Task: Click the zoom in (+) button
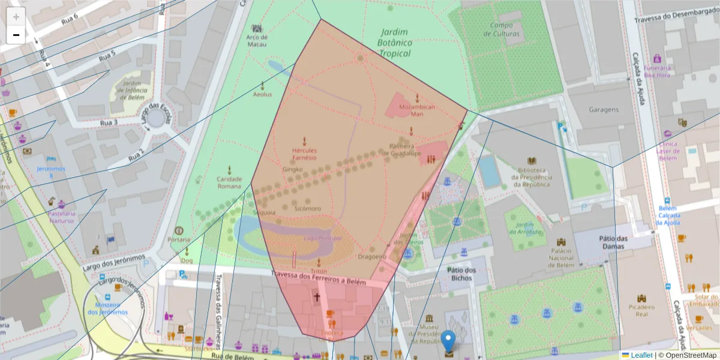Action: [16, 17]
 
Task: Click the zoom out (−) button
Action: [16, 35]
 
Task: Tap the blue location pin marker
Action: [448, 341]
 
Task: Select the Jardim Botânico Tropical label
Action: [394, 43]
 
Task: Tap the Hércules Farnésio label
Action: [304, 154]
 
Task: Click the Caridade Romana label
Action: [229, 182]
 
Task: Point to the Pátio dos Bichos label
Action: [461, 274]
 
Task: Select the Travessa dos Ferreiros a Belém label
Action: [318, 278]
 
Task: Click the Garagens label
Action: [604, 110]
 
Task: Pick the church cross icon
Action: [317, 296]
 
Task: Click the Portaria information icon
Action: [178, 230]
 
